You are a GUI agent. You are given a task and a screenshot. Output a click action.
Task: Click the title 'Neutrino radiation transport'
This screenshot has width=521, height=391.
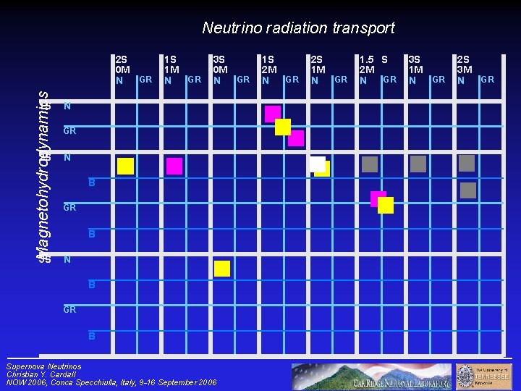click(x=298, y=28)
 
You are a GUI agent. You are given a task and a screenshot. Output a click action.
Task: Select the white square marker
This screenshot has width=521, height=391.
click(x=316, y=164)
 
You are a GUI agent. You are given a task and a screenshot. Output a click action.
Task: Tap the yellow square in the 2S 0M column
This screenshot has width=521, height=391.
click(x=126, y=166)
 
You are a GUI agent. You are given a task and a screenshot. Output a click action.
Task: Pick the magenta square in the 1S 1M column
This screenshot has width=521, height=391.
click(x=174, y=166)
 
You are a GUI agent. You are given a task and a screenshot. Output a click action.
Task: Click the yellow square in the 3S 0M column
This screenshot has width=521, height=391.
click(x=222, y=269)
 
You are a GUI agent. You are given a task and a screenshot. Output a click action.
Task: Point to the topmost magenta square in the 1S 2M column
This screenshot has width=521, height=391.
click(x=272, y=113)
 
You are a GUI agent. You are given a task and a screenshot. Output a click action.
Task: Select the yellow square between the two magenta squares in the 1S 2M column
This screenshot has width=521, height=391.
click(x=283, y=127)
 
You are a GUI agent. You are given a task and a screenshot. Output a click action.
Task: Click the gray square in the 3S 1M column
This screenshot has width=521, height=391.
click(x=418, y=164)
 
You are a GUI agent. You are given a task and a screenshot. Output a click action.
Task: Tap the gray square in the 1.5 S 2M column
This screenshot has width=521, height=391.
click(x=370, y=164)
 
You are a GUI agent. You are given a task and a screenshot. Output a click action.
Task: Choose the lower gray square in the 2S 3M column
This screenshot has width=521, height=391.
click(x=468, y=190)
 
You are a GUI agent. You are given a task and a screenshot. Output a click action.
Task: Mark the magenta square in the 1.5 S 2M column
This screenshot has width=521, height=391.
click(x=378, y=198)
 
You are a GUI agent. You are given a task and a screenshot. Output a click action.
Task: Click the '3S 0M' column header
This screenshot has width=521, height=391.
click(x=219, y=70)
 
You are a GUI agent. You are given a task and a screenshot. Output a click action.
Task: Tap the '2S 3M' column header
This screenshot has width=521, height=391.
click(x=464, y=70)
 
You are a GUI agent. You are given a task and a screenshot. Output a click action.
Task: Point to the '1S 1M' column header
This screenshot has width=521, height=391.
click(x=171, y=70)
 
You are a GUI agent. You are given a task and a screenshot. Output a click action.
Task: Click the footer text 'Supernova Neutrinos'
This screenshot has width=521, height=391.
click(x=43, y=366)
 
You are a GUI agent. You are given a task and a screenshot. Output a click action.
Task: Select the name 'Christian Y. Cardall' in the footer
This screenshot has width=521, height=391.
click(x=46, y=374)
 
